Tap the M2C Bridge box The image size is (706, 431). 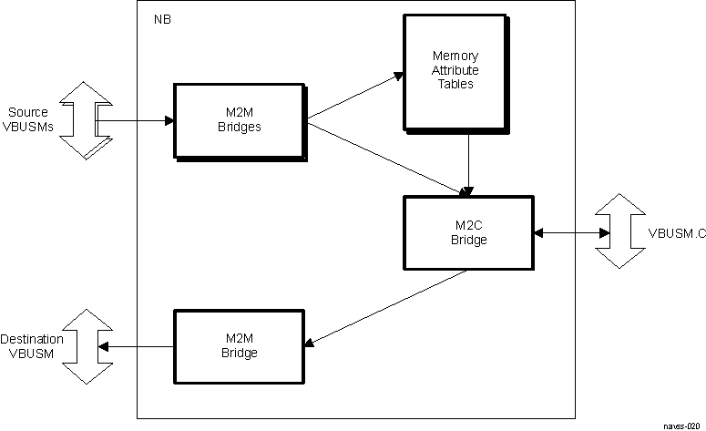point(468,233)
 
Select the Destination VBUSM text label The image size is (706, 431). point(32,345)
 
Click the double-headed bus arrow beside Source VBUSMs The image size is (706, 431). point(79,120)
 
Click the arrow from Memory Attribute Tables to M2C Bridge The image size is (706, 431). point(466,164)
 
